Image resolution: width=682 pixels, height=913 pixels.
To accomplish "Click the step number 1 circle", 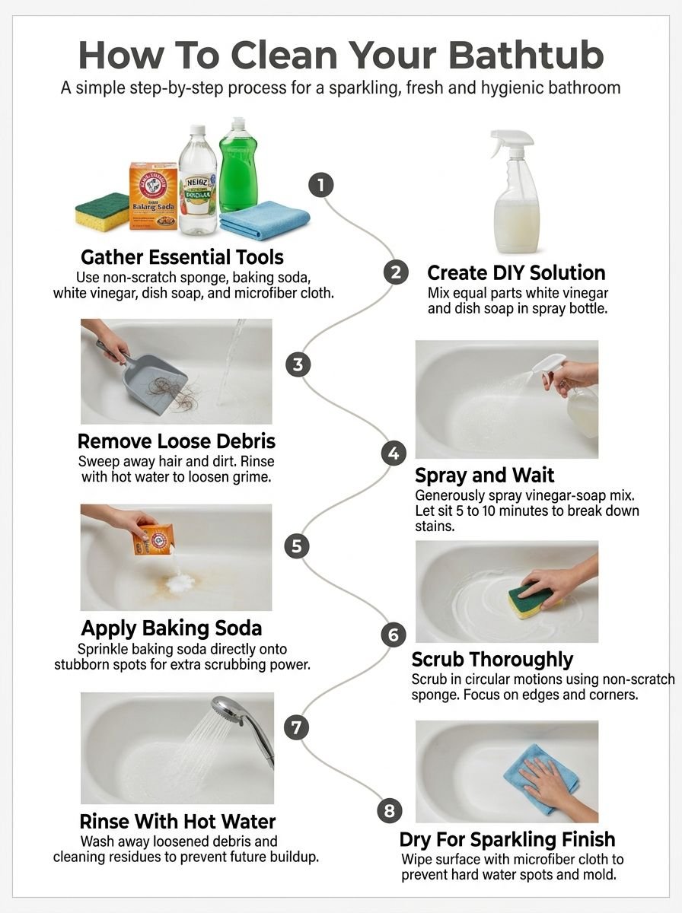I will pyautogui.click(x=321, y=185).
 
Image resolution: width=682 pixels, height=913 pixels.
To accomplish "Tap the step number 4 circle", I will pyautogui.click(x=393, y=454).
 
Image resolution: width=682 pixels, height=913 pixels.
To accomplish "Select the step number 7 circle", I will pyautogui.click(x=297, y=727).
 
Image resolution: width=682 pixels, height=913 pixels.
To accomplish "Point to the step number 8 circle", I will pyautogui.click(x=390, y=810).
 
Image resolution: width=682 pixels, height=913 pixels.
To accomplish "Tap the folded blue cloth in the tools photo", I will pyautogui.click(x=264, y=220).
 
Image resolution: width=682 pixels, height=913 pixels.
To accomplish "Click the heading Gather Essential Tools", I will pyautogui.click(x=182, y=257).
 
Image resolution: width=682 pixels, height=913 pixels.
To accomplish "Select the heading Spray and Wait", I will pyautogui.click(x=485, y=476).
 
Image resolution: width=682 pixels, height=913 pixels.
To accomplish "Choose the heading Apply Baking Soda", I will pyautogui.click(x=171, y=628).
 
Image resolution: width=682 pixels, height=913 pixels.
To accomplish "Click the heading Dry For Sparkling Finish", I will pyautogui.click(x=507, y=840).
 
